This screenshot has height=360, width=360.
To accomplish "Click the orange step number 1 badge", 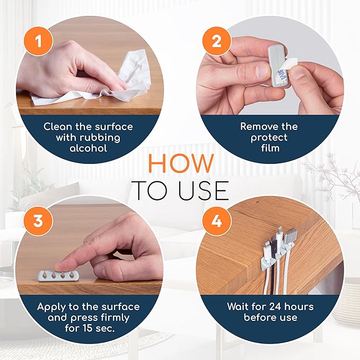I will click(38, 41).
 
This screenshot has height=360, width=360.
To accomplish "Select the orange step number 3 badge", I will click(38, 221).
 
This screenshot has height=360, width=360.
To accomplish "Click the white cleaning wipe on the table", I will click(130, 85).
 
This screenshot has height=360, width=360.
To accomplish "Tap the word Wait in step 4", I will click(239, 306).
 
